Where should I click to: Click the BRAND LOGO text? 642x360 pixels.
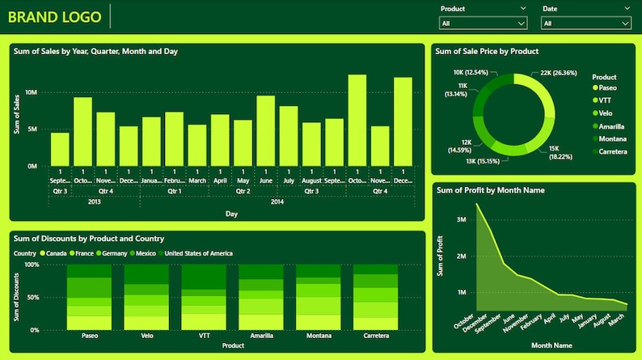[55, 16]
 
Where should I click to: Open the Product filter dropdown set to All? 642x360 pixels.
[484, 23]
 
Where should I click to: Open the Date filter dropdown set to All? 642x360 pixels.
[585, 23]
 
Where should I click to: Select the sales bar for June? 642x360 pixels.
[266, 130]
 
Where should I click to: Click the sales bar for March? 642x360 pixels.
[197, 145]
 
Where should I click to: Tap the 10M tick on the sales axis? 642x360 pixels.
[31, 92]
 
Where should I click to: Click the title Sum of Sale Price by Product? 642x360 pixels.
[487, 51]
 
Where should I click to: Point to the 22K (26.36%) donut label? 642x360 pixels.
[558, 73]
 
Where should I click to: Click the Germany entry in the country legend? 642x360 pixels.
[112, 253]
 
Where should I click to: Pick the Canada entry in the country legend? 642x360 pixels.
[53, 253]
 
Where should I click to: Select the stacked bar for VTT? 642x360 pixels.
[204, 297]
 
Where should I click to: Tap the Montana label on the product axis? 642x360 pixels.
[319, 335]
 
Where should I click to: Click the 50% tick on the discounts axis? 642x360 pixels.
[32, 298]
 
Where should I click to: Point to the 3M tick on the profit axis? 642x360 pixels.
[461, 219]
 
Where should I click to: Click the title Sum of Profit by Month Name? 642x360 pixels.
[490, 190]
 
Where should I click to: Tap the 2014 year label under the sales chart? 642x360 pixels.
[277, 201]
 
